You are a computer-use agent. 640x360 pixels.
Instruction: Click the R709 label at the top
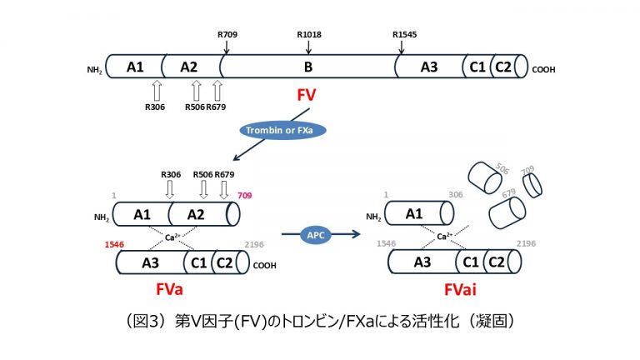pyautogui.click(x=227, y=34)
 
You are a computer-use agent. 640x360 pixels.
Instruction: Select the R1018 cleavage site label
pyautogui.click(x=309, y=34)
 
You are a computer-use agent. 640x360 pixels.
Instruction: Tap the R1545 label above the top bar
pyautogui.click(x=406, y=34)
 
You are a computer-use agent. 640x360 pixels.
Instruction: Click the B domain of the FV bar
pyautogui.click(x=307, y=67)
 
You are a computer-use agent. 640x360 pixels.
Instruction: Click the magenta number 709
pyautogui.click(x=244, y=196)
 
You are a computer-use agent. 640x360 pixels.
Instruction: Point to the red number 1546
pyautogui.click(x=116, y=245)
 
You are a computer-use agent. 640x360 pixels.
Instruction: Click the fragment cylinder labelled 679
pyautogui.click(x=509, y=209)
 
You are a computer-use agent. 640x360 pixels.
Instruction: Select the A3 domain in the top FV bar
pyautogui.click(x=429, y=67)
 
